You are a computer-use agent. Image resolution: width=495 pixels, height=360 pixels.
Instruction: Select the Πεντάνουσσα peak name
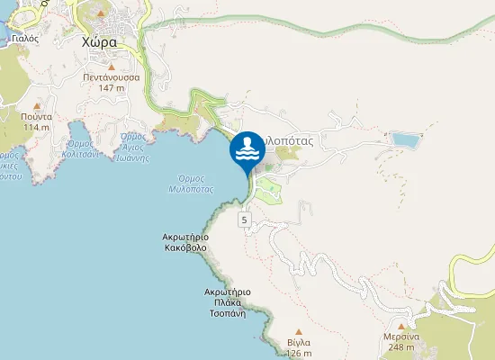coord(112,77)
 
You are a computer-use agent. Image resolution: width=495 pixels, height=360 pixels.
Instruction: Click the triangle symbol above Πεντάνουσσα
coord(112,67)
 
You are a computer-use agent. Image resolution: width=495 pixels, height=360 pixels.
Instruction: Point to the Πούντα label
coord(37,116)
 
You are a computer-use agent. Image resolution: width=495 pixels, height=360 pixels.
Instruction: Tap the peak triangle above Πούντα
coord(37,105)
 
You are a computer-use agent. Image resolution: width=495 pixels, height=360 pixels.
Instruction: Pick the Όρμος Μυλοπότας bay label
coord(190,184)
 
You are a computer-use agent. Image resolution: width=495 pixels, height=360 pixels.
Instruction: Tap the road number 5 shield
coord(243,220)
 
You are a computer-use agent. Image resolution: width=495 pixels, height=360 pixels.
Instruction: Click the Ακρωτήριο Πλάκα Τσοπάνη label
coord(227,297)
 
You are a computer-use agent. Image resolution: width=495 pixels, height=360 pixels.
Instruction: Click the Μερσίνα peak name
coord(401,336)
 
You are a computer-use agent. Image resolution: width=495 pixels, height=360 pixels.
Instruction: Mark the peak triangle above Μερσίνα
coord(401,325)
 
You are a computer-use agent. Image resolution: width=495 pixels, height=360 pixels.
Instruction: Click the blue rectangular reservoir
coord(405,139)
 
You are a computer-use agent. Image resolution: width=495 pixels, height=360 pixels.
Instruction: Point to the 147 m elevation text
coord(112,88)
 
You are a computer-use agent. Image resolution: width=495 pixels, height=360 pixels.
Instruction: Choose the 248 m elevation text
coord(401,346)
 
